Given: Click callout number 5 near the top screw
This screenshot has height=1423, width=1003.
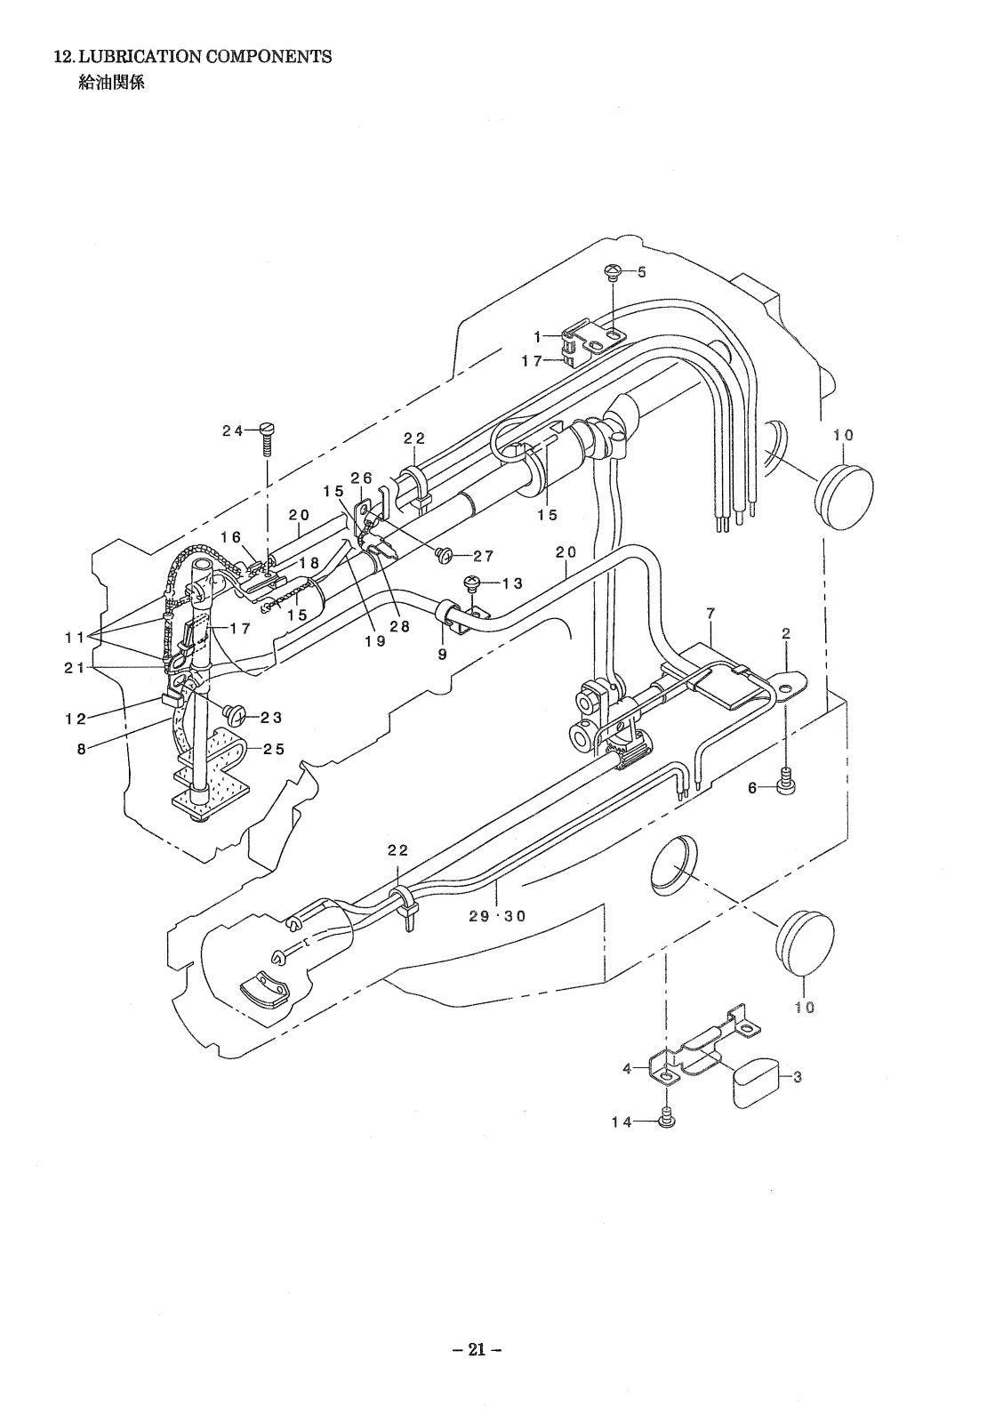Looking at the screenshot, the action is pos(641,272).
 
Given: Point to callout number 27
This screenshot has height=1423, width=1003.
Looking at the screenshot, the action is pos(484,557).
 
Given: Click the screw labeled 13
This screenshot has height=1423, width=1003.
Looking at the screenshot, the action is pos(473,582).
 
